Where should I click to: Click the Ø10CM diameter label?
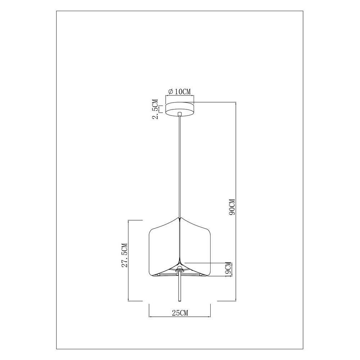pyautogui.click(x=180, y=91)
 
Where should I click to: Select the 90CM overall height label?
pyautogui.click(x=232, y=207)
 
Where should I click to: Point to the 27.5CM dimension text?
pyautogui.click(x=125, y=255)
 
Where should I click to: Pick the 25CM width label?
pyautogui.click(x=180, y=313)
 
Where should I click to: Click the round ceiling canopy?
pyautogui.click(x=180, y=109)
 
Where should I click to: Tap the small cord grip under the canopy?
pyautogui.click(x=180, y=114)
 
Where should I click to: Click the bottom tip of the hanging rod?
pyautogui.click(x=180, y=301)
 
